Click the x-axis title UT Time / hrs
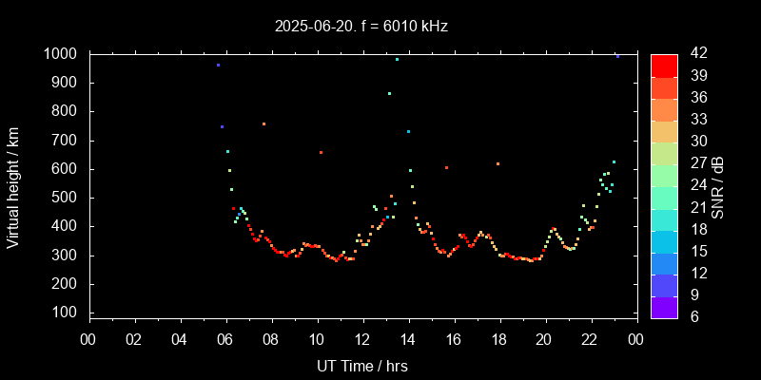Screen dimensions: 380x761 [362, 366]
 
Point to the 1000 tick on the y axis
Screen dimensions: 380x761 [65, 54]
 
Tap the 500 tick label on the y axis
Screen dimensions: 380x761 [69, 198]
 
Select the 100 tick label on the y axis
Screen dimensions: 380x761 [69, 313]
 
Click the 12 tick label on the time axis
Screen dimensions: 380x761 [362, 340]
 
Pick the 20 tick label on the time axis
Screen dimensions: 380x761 [545, 340]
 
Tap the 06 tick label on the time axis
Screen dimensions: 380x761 [225, 340]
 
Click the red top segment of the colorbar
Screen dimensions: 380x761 [664, 65]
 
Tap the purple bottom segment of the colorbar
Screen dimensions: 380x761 [664, 307]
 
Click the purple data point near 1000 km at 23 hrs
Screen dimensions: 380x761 [617, 56]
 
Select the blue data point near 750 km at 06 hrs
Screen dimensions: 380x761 [222, 126]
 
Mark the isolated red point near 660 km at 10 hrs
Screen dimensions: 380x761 [321, 152]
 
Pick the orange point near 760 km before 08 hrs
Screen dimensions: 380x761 [263, 123]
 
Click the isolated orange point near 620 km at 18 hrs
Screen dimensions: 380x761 [498, 163]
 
